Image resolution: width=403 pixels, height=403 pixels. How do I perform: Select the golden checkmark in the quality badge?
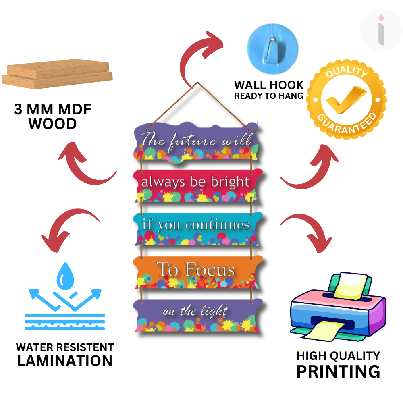(x=346, y=100)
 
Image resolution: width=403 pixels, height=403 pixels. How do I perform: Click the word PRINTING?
(x=338, y=371)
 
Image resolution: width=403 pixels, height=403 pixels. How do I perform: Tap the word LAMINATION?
(x=64, y=361)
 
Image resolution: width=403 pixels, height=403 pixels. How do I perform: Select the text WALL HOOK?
(x=269, y=85)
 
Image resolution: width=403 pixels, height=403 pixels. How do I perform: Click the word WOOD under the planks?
(x=52, y=124)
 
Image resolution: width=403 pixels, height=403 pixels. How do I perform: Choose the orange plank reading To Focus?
(x=196, y=270)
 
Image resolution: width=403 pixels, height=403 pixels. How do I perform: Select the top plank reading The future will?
(x=196, y=141)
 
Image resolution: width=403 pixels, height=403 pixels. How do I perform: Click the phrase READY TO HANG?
(x=269, y=96)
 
